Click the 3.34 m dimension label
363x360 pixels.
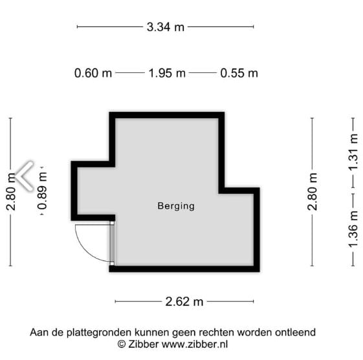click(x=166, y=26)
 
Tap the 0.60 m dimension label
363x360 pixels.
click(x=93, y=73)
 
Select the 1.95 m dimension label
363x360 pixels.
click(x=167, y=73)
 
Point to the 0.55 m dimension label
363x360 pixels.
click(x=239, y=73)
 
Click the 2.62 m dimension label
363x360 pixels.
click(x=184, y=301)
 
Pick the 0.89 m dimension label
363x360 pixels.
click(x=43, y=191)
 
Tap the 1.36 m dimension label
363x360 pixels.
click(x=353, y=229)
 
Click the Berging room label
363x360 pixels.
click(x=176, y=206)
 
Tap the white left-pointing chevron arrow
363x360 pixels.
click(x=25, y=176)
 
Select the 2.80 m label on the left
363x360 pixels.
click(x=11, y=191)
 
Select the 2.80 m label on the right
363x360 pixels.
click(x=313, y=191)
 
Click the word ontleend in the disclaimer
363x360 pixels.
click(x=295, y=333)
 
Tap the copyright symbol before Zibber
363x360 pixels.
click(x=121, y=344)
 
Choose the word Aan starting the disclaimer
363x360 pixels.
click(x=39, y=333)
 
